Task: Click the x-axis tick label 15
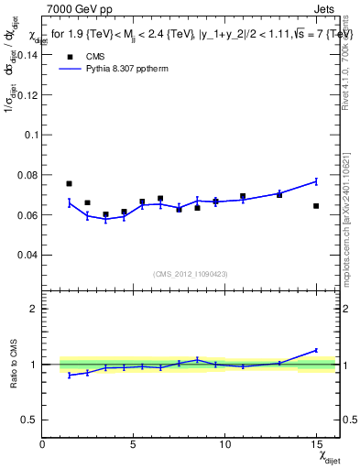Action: pos(315,444)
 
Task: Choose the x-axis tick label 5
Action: pos(134,444)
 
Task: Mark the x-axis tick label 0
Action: pos(43,444)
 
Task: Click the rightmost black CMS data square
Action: pos(316,206)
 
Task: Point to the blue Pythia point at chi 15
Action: pos(316,181)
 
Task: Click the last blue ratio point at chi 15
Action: pos(316,350)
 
